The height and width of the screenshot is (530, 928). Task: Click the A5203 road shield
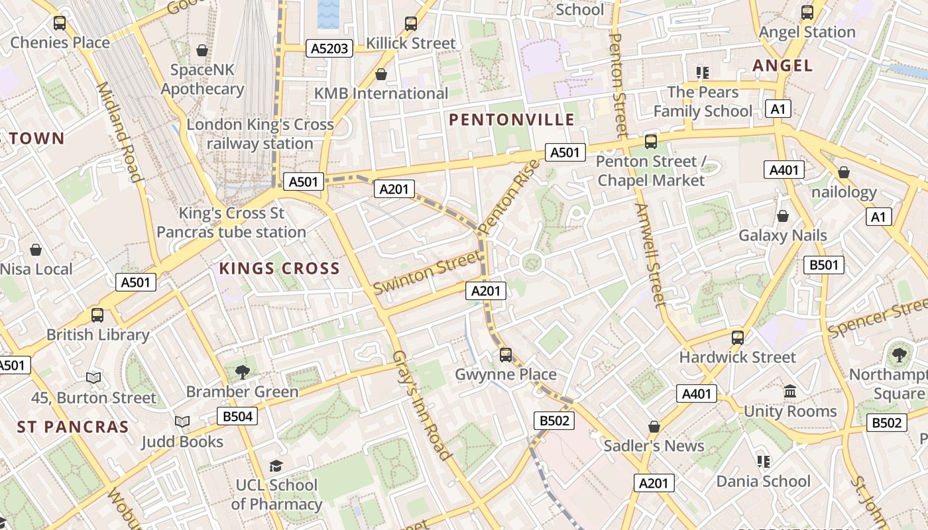329,48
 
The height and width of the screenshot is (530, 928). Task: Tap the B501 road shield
824,265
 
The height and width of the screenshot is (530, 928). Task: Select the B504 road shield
237,416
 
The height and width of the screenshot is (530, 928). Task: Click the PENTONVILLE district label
512,120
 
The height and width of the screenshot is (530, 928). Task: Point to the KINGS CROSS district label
279,269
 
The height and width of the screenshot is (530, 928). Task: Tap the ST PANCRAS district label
73,427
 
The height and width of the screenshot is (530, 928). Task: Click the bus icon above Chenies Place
60,23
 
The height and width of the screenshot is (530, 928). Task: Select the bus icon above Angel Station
807,12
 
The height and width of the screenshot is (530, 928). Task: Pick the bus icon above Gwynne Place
506,355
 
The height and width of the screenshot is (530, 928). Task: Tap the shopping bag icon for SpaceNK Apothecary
202,50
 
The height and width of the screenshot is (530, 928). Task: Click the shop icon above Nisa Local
36,250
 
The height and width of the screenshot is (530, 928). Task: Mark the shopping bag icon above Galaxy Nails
783,216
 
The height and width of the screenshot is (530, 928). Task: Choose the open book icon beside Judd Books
182,421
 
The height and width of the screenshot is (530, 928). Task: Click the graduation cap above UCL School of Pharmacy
276,466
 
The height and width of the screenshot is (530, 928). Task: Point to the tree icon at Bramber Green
243,372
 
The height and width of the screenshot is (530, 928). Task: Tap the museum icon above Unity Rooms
790,392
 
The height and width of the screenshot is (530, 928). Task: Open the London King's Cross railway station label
260,134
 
